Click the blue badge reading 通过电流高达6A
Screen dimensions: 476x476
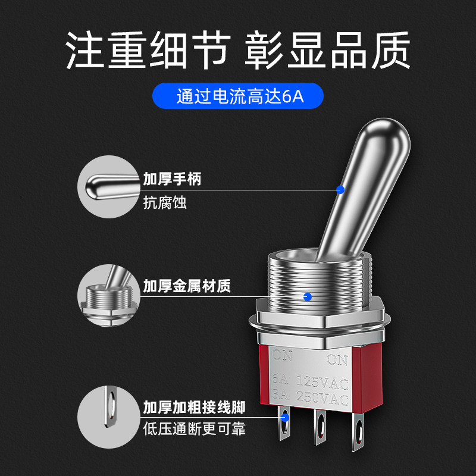click(x=237, y=96)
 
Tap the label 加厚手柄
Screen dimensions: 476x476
click(x=172, y=179)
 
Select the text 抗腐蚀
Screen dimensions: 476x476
click(x=165, y=202)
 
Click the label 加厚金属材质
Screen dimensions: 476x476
click(x=187, y=286)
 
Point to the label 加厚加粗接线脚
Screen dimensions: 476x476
click(x=194, y=408)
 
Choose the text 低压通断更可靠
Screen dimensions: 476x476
click(x=194, y=429)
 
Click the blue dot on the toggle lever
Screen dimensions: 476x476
click(x=340, y=190)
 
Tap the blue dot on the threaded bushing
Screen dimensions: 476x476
click(x=308, y=297)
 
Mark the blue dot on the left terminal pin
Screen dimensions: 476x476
click(x=285, y=418)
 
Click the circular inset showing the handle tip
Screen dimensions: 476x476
click(x=109, y=187)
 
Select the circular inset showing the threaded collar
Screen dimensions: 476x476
click(x=109, y=295)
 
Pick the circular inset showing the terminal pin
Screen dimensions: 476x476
click(x=109, y=417)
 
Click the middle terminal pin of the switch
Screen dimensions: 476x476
click(x=320, y=427)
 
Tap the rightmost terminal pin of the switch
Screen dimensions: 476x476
click(x=358, y=431)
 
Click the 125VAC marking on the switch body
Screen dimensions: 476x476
click(x=322, y=383)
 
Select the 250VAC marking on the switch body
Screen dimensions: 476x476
click(x=322, y=397)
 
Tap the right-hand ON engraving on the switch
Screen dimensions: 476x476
click(x=337, y=360)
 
